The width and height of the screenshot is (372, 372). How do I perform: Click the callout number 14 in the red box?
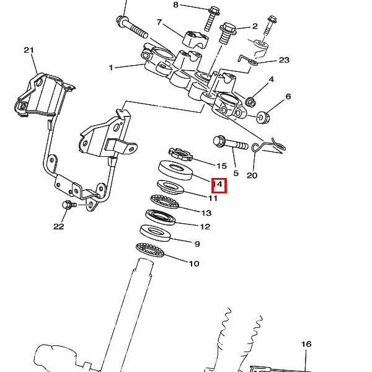coord(218,184)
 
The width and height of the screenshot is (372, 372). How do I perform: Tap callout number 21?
coord(29,50)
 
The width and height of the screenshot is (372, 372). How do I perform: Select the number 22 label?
coord(59,226)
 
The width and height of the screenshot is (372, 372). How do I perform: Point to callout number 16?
coord(306,344)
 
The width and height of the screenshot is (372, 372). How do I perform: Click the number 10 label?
coord(194,263)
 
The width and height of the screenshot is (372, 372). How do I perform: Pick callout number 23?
coord(284,60)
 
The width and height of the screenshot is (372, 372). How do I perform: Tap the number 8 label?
coord(175,5)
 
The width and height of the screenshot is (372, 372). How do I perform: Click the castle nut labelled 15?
coord(180,154)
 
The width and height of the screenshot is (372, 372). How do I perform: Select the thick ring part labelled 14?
coord(175,170)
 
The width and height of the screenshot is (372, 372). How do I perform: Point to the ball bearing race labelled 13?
coord(165,201)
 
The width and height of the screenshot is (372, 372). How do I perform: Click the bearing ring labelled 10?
coord(150,250)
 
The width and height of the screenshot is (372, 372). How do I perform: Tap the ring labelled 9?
coord(155,233)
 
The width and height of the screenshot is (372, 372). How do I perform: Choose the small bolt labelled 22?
coord(69,205)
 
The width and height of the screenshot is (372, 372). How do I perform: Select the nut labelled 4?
coord(250,102)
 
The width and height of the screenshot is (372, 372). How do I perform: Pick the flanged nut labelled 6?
coord(263,117)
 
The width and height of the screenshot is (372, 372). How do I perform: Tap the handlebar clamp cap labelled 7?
coord(195,38)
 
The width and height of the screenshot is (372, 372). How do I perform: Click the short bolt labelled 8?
coord(212,19)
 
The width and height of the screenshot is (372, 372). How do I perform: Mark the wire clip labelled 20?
coord(268,145)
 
